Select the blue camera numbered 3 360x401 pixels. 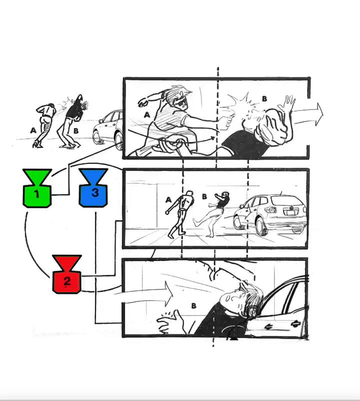point(93,187)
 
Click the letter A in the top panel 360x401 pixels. point(147,115)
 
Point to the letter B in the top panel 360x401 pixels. point(264,98)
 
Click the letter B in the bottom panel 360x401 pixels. point(194,305)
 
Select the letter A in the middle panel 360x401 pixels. point(168,199)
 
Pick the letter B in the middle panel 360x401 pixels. point(204,196)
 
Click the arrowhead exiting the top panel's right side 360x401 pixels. point(319,114)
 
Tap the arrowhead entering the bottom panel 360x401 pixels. point(169,293)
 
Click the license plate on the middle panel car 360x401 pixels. point(290,212)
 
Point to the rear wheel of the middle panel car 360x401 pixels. point(261,226)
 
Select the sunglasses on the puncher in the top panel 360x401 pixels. point(183,102)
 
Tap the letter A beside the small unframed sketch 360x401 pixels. point(33,130)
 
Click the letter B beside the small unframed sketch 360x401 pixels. point(75,131)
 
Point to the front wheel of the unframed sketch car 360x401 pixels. point(97,137)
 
